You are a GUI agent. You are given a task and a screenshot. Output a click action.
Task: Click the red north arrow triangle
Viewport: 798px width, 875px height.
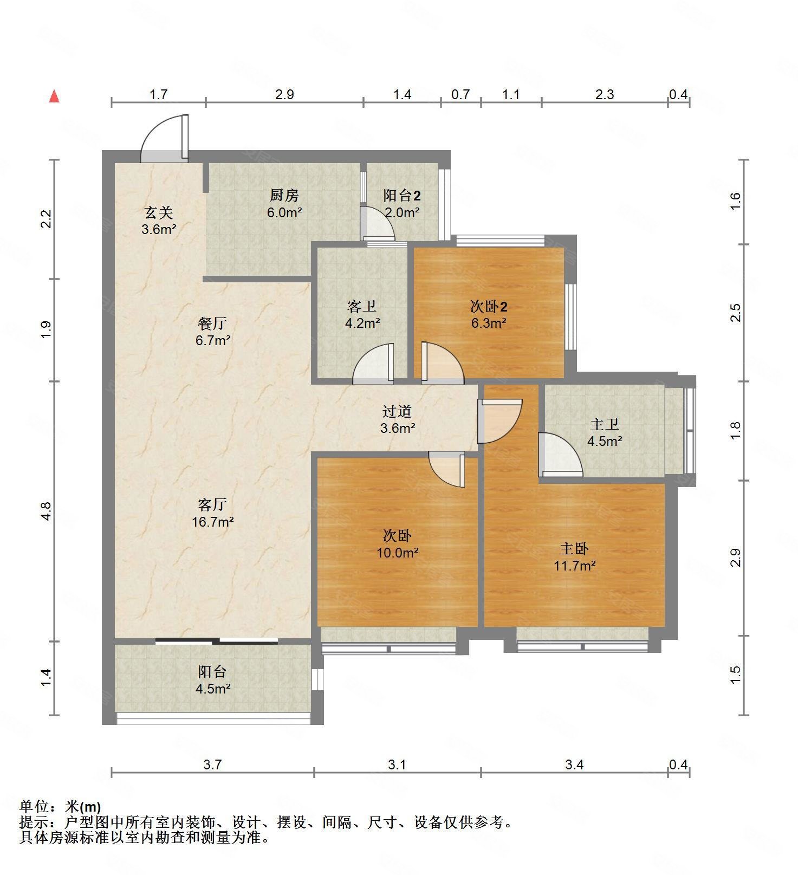pos(54,96)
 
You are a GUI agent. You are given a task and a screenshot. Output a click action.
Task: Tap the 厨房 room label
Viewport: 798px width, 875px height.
pos(284,195)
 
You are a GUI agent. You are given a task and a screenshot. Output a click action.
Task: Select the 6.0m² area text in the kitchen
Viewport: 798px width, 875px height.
pos(284,212)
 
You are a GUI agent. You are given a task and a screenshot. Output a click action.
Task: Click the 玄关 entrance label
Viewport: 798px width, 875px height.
pos(158,212)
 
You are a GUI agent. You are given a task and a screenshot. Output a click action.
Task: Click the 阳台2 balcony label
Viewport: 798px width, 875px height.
pos(401,195)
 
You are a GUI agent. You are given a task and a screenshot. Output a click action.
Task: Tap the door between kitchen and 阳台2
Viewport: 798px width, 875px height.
pos(378,223)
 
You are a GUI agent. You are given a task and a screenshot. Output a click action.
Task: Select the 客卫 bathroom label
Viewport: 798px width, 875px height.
pos(362,307)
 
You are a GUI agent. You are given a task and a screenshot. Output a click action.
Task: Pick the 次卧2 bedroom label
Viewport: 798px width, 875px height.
pos(488,307)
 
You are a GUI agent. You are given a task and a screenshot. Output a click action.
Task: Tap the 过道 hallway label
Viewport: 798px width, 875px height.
pos(397,411)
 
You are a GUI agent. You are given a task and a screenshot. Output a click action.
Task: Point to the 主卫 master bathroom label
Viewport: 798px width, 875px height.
pos(604,424)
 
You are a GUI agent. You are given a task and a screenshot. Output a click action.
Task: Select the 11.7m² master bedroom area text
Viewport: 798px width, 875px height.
pos(574,566)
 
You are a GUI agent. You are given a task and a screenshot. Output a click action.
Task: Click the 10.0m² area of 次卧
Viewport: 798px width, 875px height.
pos(397,553)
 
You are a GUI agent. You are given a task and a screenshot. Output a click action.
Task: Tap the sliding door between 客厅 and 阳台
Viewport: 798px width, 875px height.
pos(217,641)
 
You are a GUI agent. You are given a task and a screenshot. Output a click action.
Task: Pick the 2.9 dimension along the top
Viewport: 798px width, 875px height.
pos(284,95)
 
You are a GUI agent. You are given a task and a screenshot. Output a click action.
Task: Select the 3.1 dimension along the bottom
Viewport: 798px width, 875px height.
pos(397,764)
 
